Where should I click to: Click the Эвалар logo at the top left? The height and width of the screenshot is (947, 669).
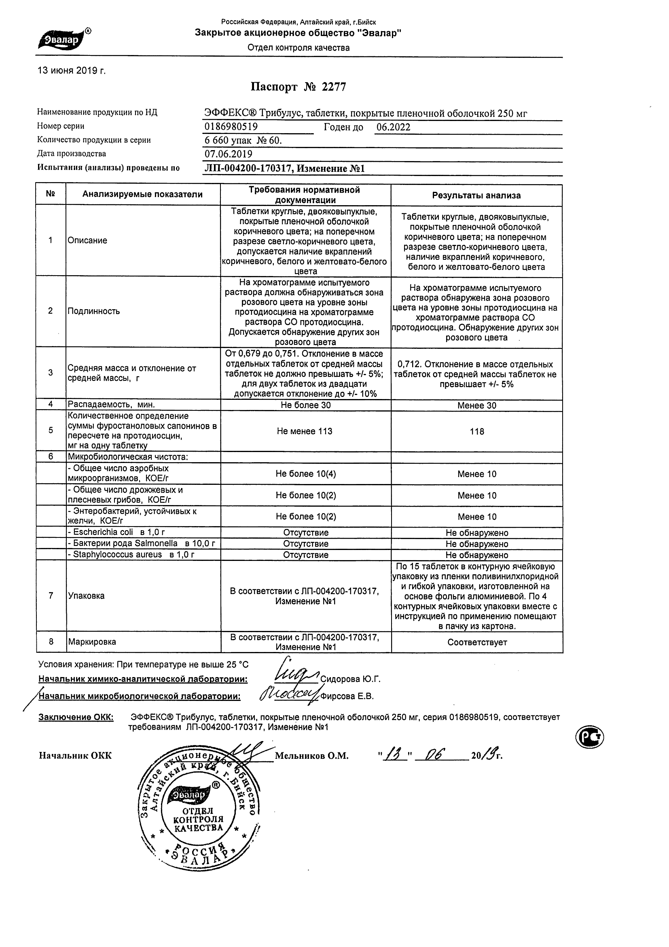64,40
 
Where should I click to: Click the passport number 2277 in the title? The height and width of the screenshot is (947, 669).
334,87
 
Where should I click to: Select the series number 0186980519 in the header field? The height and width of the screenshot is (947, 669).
231,127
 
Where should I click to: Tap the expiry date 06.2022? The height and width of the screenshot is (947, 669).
394,127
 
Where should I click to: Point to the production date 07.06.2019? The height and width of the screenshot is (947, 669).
229,154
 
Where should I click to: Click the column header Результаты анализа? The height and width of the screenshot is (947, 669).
476,195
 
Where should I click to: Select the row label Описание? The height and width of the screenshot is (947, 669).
87,240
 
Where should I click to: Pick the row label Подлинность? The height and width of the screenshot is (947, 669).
93,311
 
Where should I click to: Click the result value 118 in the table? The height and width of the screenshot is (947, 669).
477,431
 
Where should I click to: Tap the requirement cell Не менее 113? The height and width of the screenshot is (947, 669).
305,431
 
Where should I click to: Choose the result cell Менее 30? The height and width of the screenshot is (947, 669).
477,406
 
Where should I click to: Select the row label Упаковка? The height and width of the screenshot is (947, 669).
86,596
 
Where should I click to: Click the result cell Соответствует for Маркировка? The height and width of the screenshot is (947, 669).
477,642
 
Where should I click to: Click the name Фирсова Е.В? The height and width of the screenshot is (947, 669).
347,696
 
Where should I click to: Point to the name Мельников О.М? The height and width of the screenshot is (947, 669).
311,756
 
